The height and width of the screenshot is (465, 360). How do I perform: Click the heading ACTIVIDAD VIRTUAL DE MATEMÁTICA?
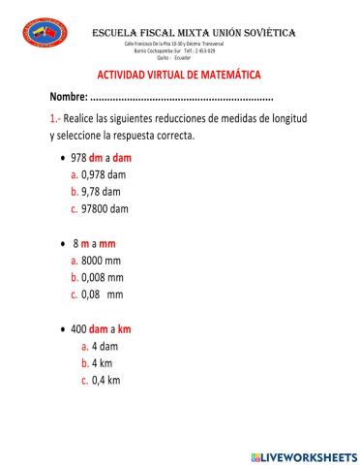click(179, 76)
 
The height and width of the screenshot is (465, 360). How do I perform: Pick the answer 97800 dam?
click(105, 208)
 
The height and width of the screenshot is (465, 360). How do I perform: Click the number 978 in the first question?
click(79, 158)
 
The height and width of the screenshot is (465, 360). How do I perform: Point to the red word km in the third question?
click(124, 329)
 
